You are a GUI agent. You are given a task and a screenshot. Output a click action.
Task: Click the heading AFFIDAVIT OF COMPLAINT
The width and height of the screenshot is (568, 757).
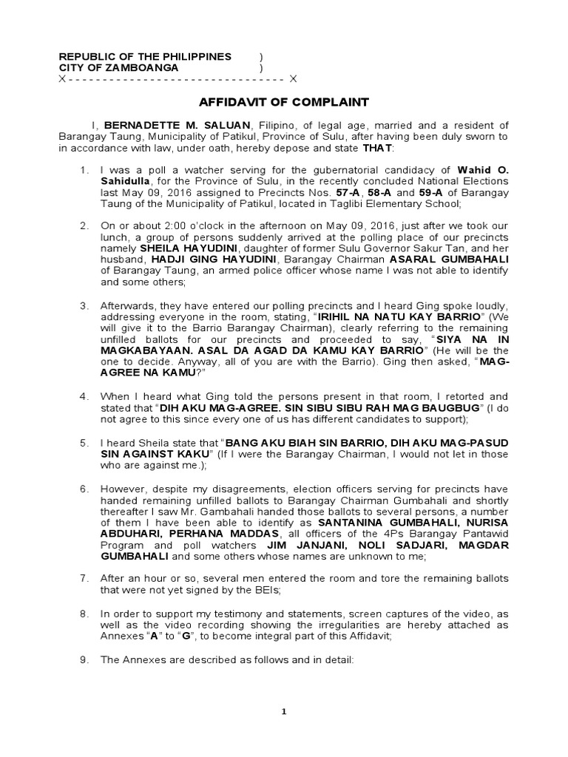point(284,102)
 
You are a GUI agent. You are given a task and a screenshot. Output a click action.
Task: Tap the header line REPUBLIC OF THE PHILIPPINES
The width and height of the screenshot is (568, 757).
point(145,56)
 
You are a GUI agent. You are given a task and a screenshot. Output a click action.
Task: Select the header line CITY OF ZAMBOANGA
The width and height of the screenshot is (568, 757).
point(118,67)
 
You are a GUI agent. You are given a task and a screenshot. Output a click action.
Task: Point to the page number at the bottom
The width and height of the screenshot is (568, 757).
point(283,711)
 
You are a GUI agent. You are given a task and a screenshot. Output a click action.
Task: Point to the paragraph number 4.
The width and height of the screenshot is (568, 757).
point(84,396)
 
